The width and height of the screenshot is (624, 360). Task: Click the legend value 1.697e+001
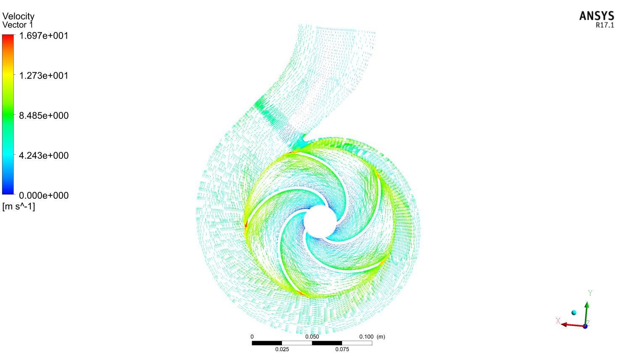(x=43, y=36)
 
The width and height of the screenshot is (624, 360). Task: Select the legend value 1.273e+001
(x=43, y=76)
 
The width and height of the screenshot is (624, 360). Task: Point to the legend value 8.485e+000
(x=44, y=116)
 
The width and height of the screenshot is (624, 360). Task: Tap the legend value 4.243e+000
(x=44, y=156)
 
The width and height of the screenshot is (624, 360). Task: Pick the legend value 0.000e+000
(x=44, y=195)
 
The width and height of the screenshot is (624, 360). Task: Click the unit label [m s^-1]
(x=18, y=207)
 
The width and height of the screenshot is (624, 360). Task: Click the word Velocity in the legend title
(x=18, y=16)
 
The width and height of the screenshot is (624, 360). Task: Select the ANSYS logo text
(x=597, y=16)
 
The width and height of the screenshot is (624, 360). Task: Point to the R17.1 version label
(x=605, y=25)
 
